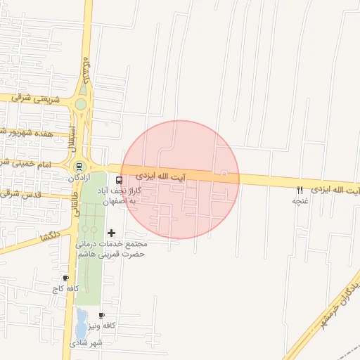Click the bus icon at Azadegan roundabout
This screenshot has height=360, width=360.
(x=79, y=167)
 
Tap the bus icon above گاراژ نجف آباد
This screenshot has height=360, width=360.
(x=117, y=180)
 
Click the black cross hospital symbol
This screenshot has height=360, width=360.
(x=111, y=233)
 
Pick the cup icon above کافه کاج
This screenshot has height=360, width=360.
(x=65, y=278)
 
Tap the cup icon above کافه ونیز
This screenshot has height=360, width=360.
(x=102, y=316)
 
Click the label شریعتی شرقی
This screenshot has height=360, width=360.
(x=33, y=98)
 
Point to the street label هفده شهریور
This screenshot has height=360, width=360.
(x=28, y=131)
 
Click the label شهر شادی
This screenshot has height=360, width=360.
(x=86, y=343)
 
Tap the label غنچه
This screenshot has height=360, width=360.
(x=301, y=201)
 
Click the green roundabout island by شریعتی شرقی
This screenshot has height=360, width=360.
(x=81, y=105)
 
